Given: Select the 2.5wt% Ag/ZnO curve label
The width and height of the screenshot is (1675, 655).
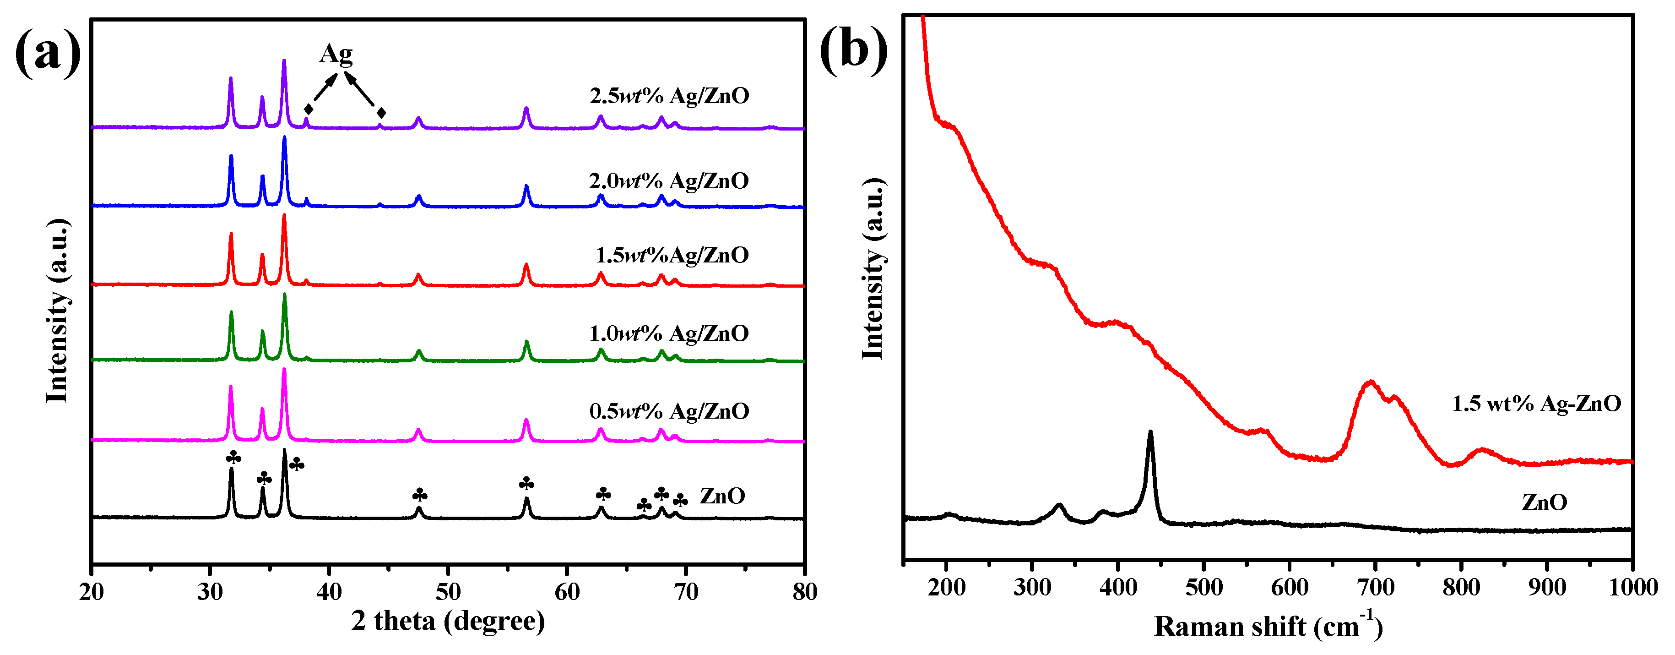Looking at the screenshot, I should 669,96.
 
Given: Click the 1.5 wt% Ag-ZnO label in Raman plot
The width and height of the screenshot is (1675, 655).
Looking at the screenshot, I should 1536,404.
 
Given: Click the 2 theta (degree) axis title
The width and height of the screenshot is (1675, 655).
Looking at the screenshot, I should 448,621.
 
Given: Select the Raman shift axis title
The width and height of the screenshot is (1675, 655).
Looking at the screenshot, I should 1268,626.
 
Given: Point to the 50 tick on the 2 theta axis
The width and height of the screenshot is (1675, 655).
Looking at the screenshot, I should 448,592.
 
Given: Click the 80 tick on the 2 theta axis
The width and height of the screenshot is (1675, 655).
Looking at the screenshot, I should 804,592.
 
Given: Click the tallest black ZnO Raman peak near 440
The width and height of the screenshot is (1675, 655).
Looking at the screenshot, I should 1150,432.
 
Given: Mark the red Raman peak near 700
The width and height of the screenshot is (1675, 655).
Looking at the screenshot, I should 1371,382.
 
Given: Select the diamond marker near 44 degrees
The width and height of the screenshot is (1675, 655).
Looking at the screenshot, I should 381,113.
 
